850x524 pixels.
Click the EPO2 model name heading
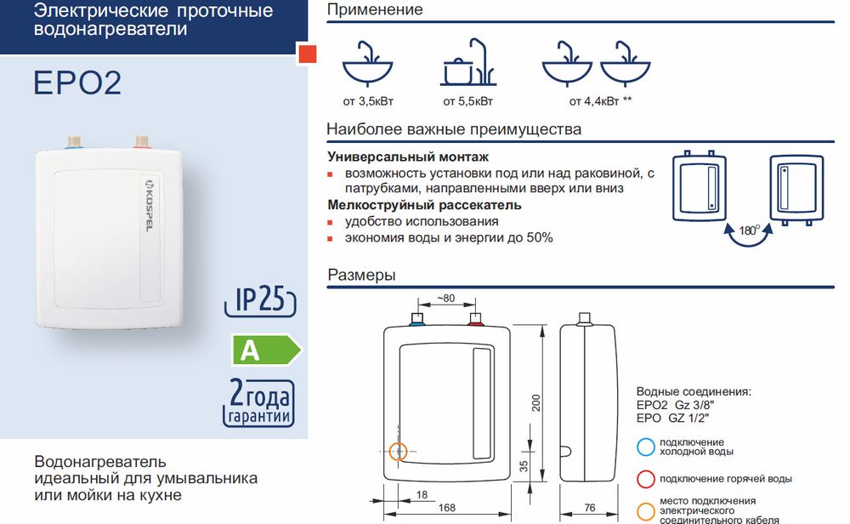(77, 83)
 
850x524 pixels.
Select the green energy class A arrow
(266, 350)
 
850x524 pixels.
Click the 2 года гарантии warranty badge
(259, 403)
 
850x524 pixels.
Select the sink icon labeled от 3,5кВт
(367, 64)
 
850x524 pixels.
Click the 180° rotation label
(749, 230)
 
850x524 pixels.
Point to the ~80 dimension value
(446, 299)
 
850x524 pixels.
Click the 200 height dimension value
(536, 402)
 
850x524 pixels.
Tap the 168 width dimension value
(447, 508)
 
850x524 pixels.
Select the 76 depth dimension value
(590, 508)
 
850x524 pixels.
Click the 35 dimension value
(523, 466)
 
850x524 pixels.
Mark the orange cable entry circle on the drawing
(399, 452)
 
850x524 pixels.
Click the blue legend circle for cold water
(646, 447)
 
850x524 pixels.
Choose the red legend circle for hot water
(646, 479)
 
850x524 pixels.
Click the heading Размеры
(361, 275)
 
